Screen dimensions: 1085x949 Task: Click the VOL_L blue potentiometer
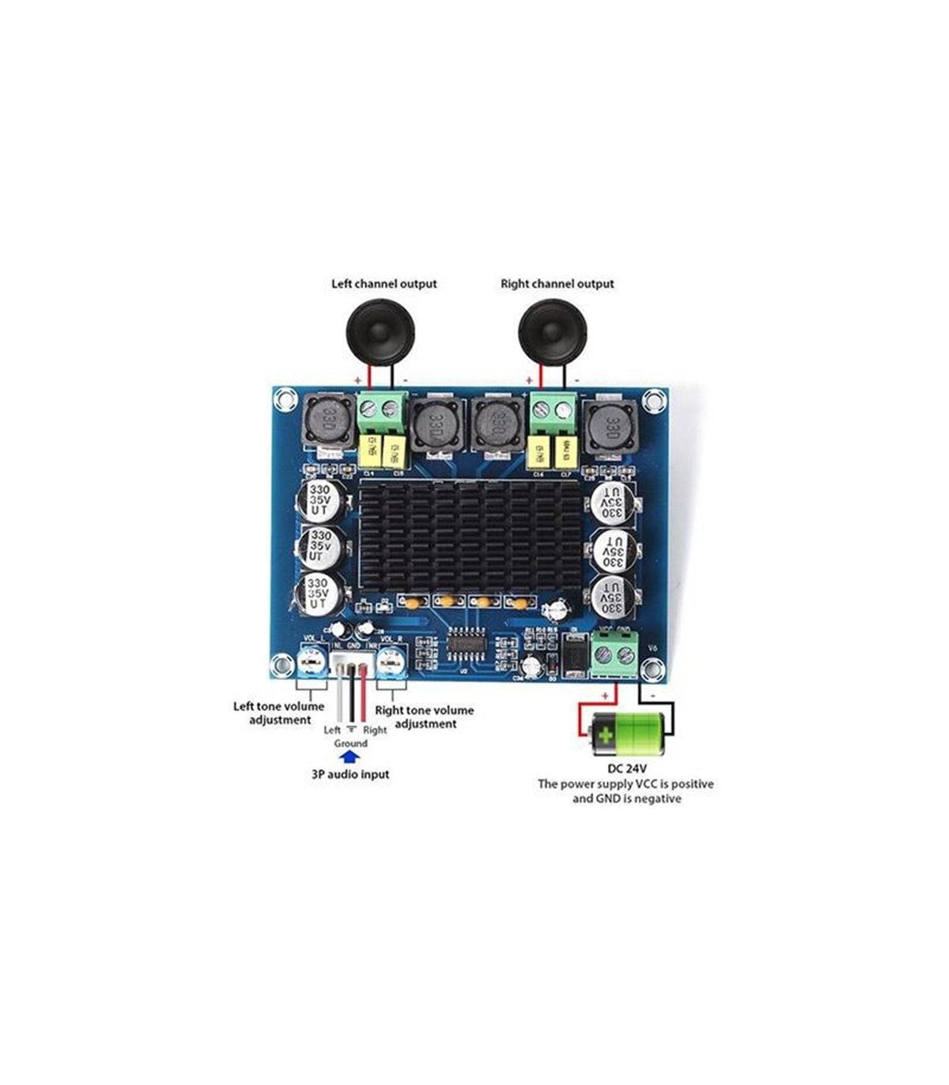(313, 661)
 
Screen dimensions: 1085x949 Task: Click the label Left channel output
(384, 283)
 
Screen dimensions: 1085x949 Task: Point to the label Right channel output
(557, 283)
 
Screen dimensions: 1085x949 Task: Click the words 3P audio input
(350, 774)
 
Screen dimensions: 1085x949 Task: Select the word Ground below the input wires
(350, 743)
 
